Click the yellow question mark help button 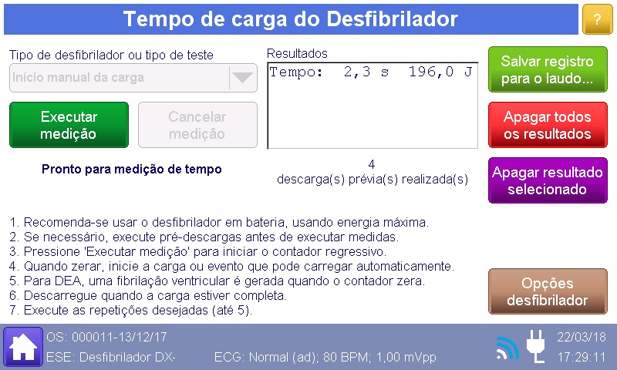pos(597,19)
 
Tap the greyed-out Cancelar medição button pos(197,125)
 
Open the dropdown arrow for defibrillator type pos(242,77)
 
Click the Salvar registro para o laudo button pos(548,69)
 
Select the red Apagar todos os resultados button pos(548,125)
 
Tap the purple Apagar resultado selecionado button pos(548,180)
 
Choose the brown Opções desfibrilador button pos(548,291)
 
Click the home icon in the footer pos(23,346)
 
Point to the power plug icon pos(536,346)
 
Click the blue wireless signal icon pos(507,348)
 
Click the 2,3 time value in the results pos(357,72)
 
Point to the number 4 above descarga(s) pos(372,164)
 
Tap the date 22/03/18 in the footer pos(582,337)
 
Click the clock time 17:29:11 pos(582,357)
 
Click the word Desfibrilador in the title pos(393,18)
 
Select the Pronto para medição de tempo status pos(132,169)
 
